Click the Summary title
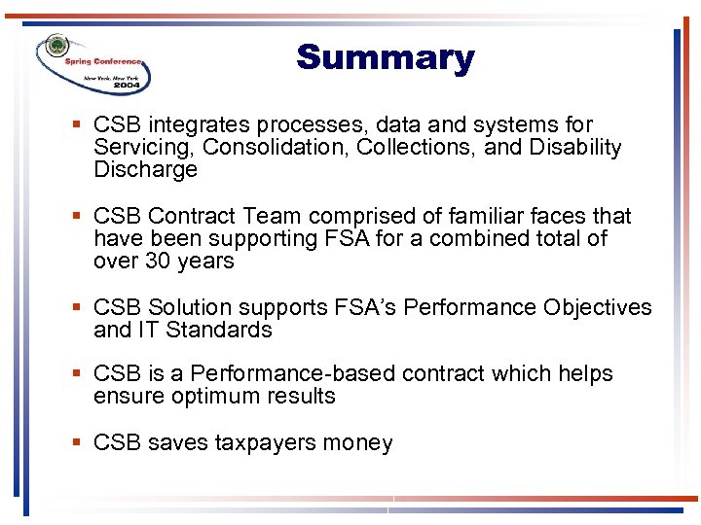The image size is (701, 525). [385, 58]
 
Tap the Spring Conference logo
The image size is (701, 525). [94, 63]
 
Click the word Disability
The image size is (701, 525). [574, 148]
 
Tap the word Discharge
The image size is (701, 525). [145, 170]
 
